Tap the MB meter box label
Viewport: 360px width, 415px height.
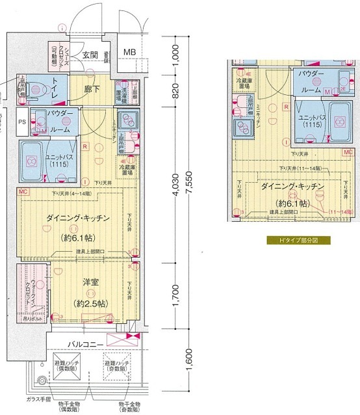click(x=130, y=53)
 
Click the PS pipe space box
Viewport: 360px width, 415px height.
click(x=22, y=122)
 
